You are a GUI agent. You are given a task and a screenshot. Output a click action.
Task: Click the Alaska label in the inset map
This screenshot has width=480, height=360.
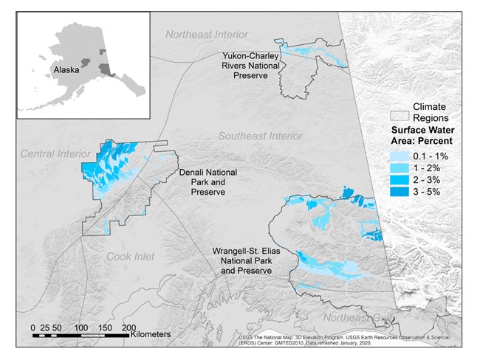(66, 72)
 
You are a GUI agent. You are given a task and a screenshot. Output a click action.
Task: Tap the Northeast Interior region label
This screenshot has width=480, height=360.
(207, 35)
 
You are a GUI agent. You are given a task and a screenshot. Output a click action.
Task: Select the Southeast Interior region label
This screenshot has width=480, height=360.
(259, 136)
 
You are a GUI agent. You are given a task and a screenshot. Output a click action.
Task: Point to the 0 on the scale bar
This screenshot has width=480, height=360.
(33, 327)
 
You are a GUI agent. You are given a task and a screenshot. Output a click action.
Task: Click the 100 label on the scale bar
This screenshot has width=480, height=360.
(81, 327)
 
